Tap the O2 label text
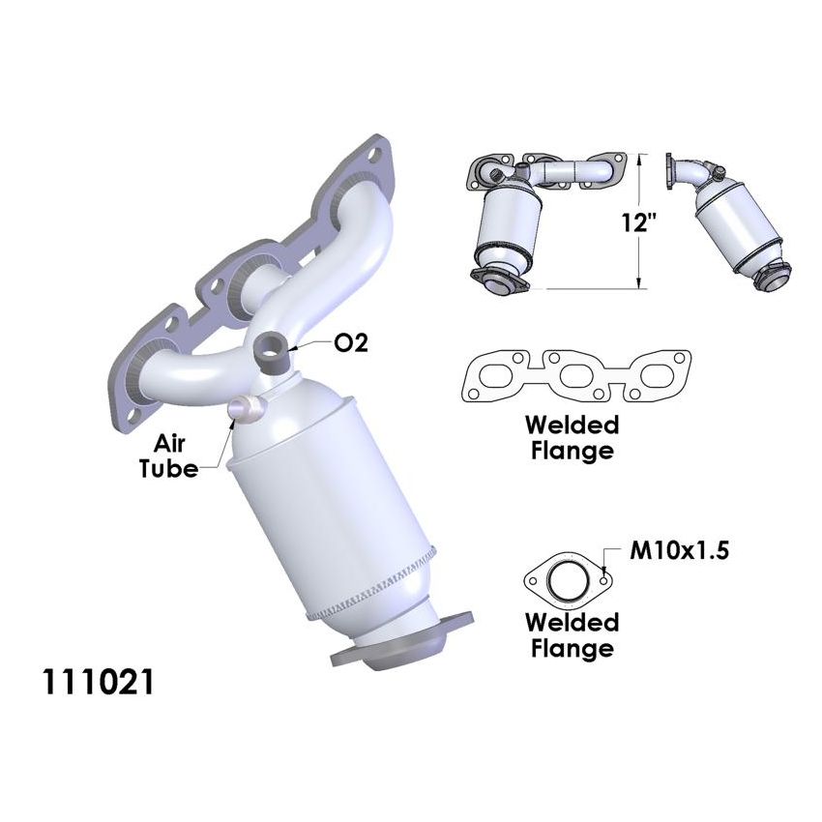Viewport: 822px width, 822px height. click(350, 343)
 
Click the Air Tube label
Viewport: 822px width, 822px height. click(175, 455)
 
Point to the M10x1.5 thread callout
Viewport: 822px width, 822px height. click(679, 552)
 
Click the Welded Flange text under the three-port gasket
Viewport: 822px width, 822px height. click(571, 437)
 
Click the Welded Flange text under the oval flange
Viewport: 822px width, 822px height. click(571, 635)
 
